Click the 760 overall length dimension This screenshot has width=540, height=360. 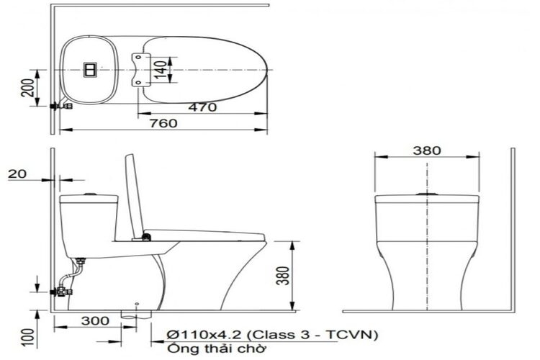[163, 122]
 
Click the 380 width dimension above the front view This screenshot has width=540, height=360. [428, 150]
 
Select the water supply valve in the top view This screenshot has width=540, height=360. [63, 106]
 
